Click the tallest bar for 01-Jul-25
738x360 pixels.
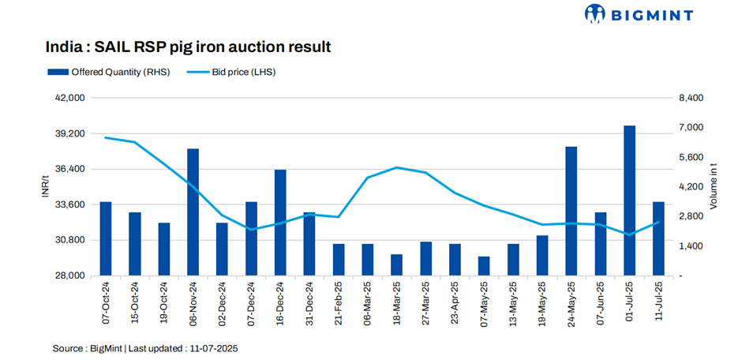coord(629,201)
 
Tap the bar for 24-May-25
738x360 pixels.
coord(571,211)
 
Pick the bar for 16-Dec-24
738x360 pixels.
coord(280,223)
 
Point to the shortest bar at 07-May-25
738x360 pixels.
coord(484,266)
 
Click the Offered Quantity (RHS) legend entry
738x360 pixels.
coord(107,72)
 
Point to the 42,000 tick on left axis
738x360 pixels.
coord(71,98)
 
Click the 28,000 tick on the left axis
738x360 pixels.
coord(71,276)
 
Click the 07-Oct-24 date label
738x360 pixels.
coord(106,302)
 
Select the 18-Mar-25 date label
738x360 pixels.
coord(397,302)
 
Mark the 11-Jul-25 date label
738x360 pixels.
coord(658,302)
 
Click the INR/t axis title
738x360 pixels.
coord(45,187)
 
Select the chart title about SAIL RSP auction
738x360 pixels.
coord(188,47)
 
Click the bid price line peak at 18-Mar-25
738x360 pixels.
coord(397,167)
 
